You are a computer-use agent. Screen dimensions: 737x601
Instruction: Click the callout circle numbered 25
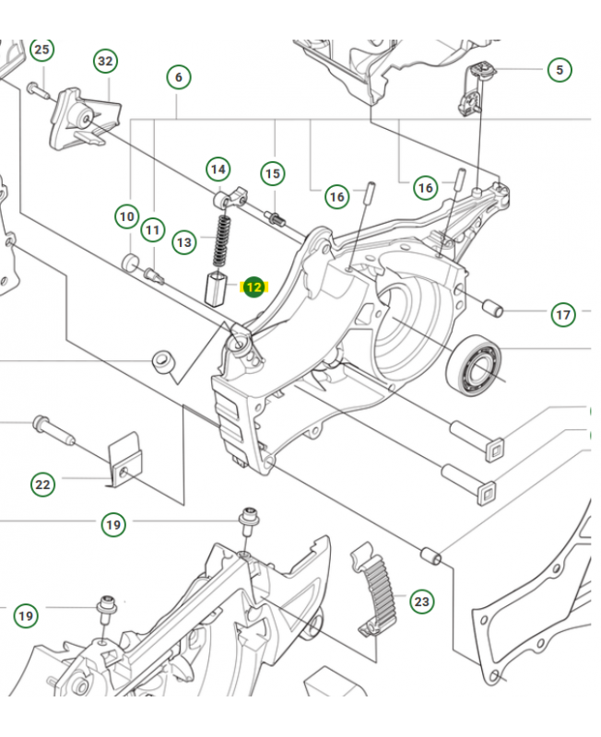click(x=41, y=50)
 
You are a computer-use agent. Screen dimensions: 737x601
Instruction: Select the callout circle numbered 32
click(x=105, y=62)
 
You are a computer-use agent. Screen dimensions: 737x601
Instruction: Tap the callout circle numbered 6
click(x=179, y=76)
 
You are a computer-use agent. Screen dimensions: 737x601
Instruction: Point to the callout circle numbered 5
click(x=559, y=69)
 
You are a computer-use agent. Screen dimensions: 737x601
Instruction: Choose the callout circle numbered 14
click(x=218, y=170)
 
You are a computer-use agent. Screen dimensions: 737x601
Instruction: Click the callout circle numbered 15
click(x=272, y=173)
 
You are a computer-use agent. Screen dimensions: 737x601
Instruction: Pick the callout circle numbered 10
click(x=126, y=217)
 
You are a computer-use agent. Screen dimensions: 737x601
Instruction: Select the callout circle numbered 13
click(x=185, y=242)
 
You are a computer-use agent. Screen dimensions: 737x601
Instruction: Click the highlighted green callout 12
click(x=253, y=288)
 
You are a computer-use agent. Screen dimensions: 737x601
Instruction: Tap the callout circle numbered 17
click(x=563, y=315)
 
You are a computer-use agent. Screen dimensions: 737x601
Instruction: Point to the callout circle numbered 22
click(x=43, y=484)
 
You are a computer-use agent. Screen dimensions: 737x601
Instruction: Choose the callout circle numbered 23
click(x=421, y=602)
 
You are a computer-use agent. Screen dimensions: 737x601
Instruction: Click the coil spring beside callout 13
click(x=221, y=239)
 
